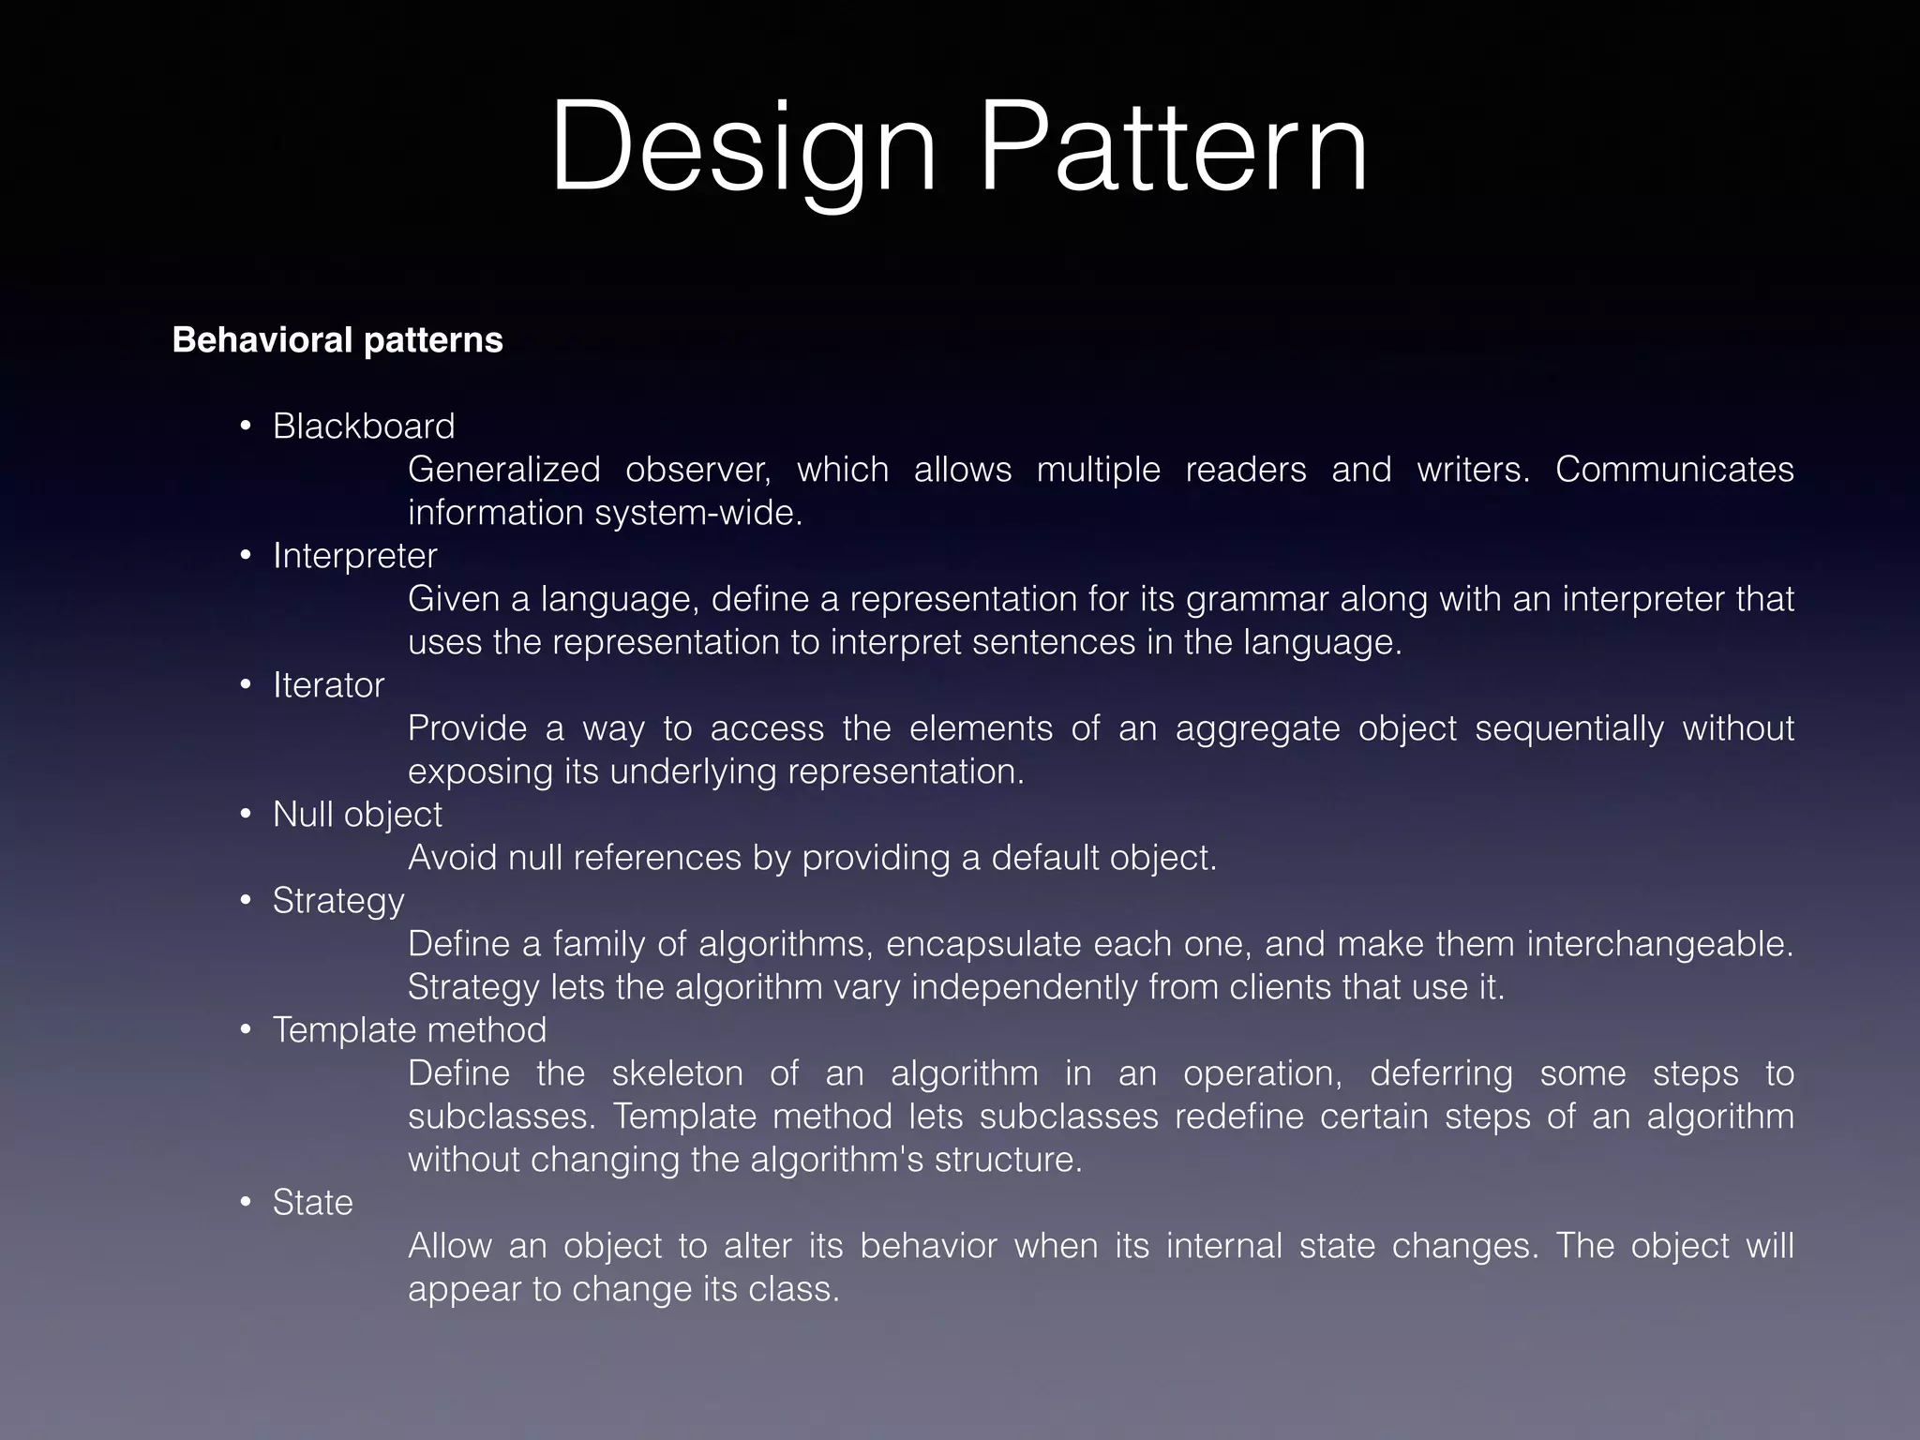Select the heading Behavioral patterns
[337, 340]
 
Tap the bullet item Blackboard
[364, 427]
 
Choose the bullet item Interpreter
[354, 556]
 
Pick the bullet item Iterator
[328, 685]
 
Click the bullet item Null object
[357, 815]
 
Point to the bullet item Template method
[409, 1030]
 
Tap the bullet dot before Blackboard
[246, 427]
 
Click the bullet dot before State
[246, 1203]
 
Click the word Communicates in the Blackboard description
[1674, 470]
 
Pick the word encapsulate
[983, 944]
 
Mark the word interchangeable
[1659, 944]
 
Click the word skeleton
[677, 1073]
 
